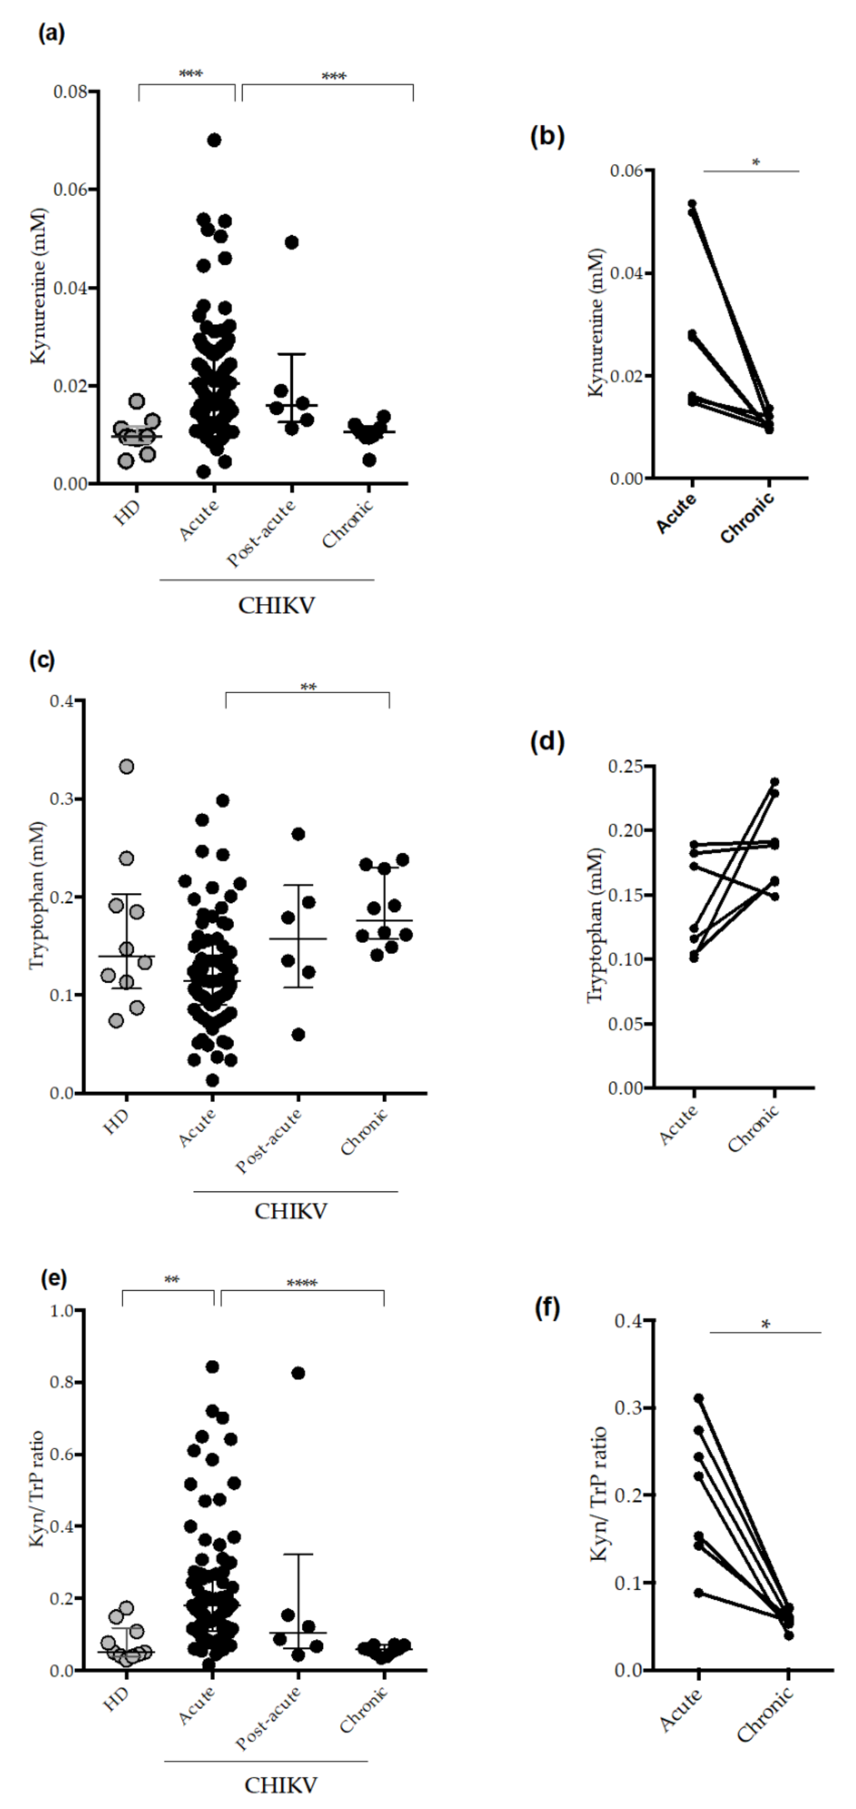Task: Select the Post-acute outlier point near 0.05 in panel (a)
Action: tap(291, 242)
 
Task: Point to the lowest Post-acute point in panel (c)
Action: tap(298, 1035)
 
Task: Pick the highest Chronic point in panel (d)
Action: tap(775, 781)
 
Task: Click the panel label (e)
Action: tap(54, 1278)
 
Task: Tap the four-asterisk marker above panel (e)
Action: tap(302, 1284)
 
